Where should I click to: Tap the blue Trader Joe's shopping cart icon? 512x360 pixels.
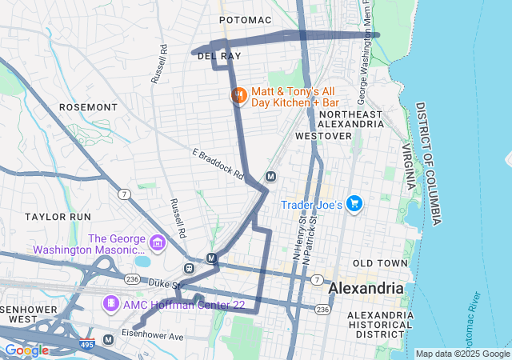[354, 205]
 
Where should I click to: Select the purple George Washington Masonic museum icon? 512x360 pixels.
[157, 242]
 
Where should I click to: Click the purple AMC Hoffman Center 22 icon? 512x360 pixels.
[110, 304]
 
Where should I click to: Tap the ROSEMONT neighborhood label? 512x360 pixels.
[89, 106]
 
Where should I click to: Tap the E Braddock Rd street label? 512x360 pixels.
[218, 163]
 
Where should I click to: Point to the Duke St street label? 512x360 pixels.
[166, 283]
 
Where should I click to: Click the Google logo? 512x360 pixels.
[26, 350]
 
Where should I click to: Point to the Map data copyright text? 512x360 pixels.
[462, 354]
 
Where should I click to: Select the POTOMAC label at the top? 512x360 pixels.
[246, 19]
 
